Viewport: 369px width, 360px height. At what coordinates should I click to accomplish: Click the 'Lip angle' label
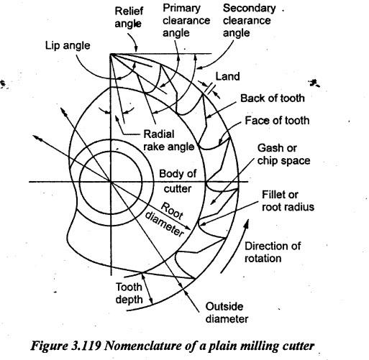tap(68, 45)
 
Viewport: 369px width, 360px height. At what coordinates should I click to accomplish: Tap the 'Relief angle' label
tap(129, 17)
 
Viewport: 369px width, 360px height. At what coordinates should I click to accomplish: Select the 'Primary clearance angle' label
tap(186, 21)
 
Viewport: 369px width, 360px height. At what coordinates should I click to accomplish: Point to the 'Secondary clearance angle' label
tap(249, 21)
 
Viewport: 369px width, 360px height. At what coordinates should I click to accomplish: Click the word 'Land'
tap(227, 76)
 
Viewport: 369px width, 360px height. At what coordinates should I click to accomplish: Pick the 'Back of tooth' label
tap(273, 98)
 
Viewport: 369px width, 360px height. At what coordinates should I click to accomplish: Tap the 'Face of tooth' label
tap(277, 121)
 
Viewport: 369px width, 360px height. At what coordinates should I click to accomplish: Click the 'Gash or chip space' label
tap(283, 154)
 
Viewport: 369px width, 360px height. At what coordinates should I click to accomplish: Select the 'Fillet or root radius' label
tap(288, 200)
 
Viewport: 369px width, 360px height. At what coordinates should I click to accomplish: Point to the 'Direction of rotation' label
tap(273, 252)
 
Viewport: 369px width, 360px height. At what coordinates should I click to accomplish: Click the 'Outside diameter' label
tap(227, 313)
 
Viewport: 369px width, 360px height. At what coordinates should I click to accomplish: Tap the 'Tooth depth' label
tap(129, 293)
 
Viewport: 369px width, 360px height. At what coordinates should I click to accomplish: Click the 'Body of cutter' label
tap(178, 181)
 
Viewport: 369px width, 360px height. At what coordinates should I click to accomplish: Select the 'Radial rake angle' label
tap(169, 140)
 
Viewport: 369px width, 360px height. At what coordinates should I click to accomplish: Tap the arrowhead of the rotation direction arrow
tap(246, 224)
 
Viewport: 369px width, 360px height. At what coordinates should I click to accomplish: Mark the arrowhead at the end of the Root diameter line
tap(188, 227)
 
